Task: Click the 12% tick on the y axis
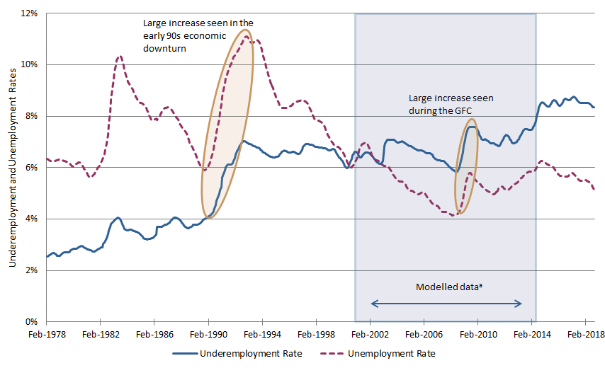[x=29, y=13]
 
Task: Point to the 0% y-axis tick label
[x=32, y=322]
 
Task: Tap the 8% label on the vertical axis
[x=32, y=116]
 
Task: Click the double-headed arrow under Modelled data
[x=446, y=304]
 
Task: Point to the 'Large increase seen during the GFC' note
[x=451, y=104]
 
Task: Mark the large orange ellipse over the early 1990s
[x=227, y=124]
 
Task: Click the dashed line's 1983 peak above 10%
[x=119, y=56]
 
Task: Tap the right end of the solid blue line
[x=594, y=108]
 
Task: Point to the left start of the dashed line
[x=46, y=159]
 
